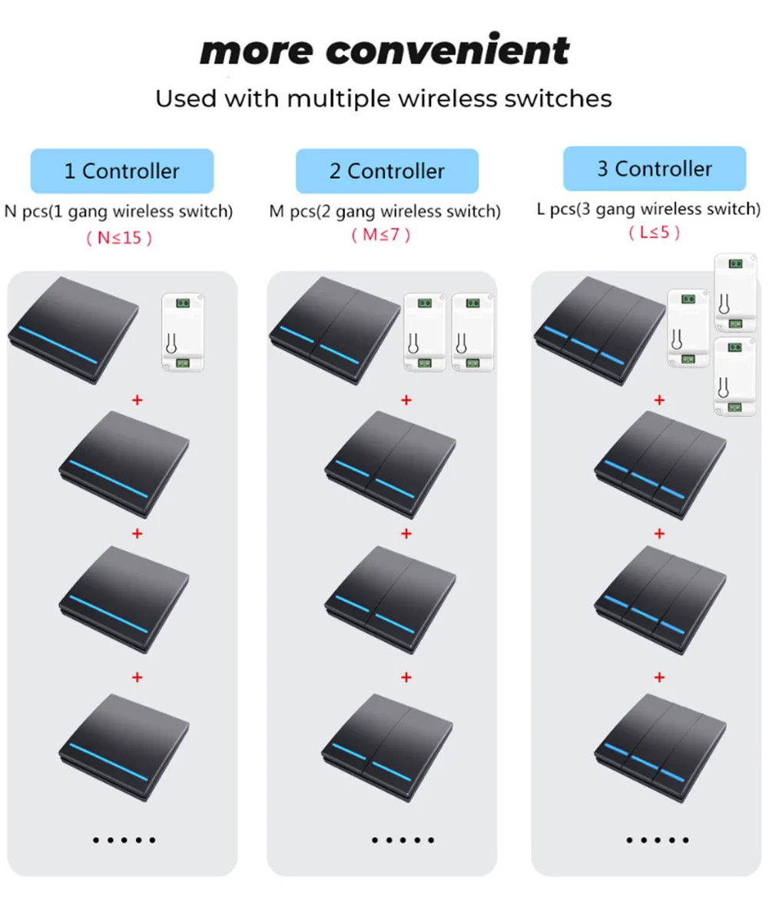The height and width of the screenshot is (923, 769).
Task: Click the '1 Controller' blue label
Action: pos(121,170)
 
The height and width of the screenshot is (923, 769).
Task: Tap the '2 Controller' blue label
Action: pos(386,170)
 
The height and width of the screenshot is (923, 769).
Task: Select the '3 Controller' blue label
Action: pos(655,169)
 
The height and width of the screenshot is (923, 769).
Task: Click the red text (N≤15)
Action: pos(119,238)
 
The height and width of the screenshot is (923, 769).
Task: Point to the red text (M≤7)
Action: pos(381,235)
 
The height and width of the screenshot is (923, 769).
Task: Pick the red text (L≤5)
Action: pos(654,233)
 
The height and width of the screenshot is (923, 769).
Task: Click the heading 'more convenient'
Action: pos(384,51)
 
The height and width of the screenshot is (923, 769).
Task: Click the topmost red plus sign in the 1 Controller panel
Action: pos(138,399)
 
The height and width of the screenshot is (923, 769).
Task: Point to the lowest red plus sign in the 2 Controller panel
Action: pos(406,677)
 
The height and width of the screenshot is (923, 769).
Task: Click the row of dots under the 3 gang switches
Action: pos(658,840)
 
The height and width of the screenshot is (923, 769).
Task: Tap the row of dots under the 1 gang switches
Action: pos(124,840)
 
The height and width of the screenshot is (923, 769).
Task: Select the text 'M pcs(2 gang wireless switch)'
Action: pos(385,211)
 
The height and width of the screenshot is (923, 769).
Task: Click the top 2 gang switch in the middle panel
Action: pos(335,328)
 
